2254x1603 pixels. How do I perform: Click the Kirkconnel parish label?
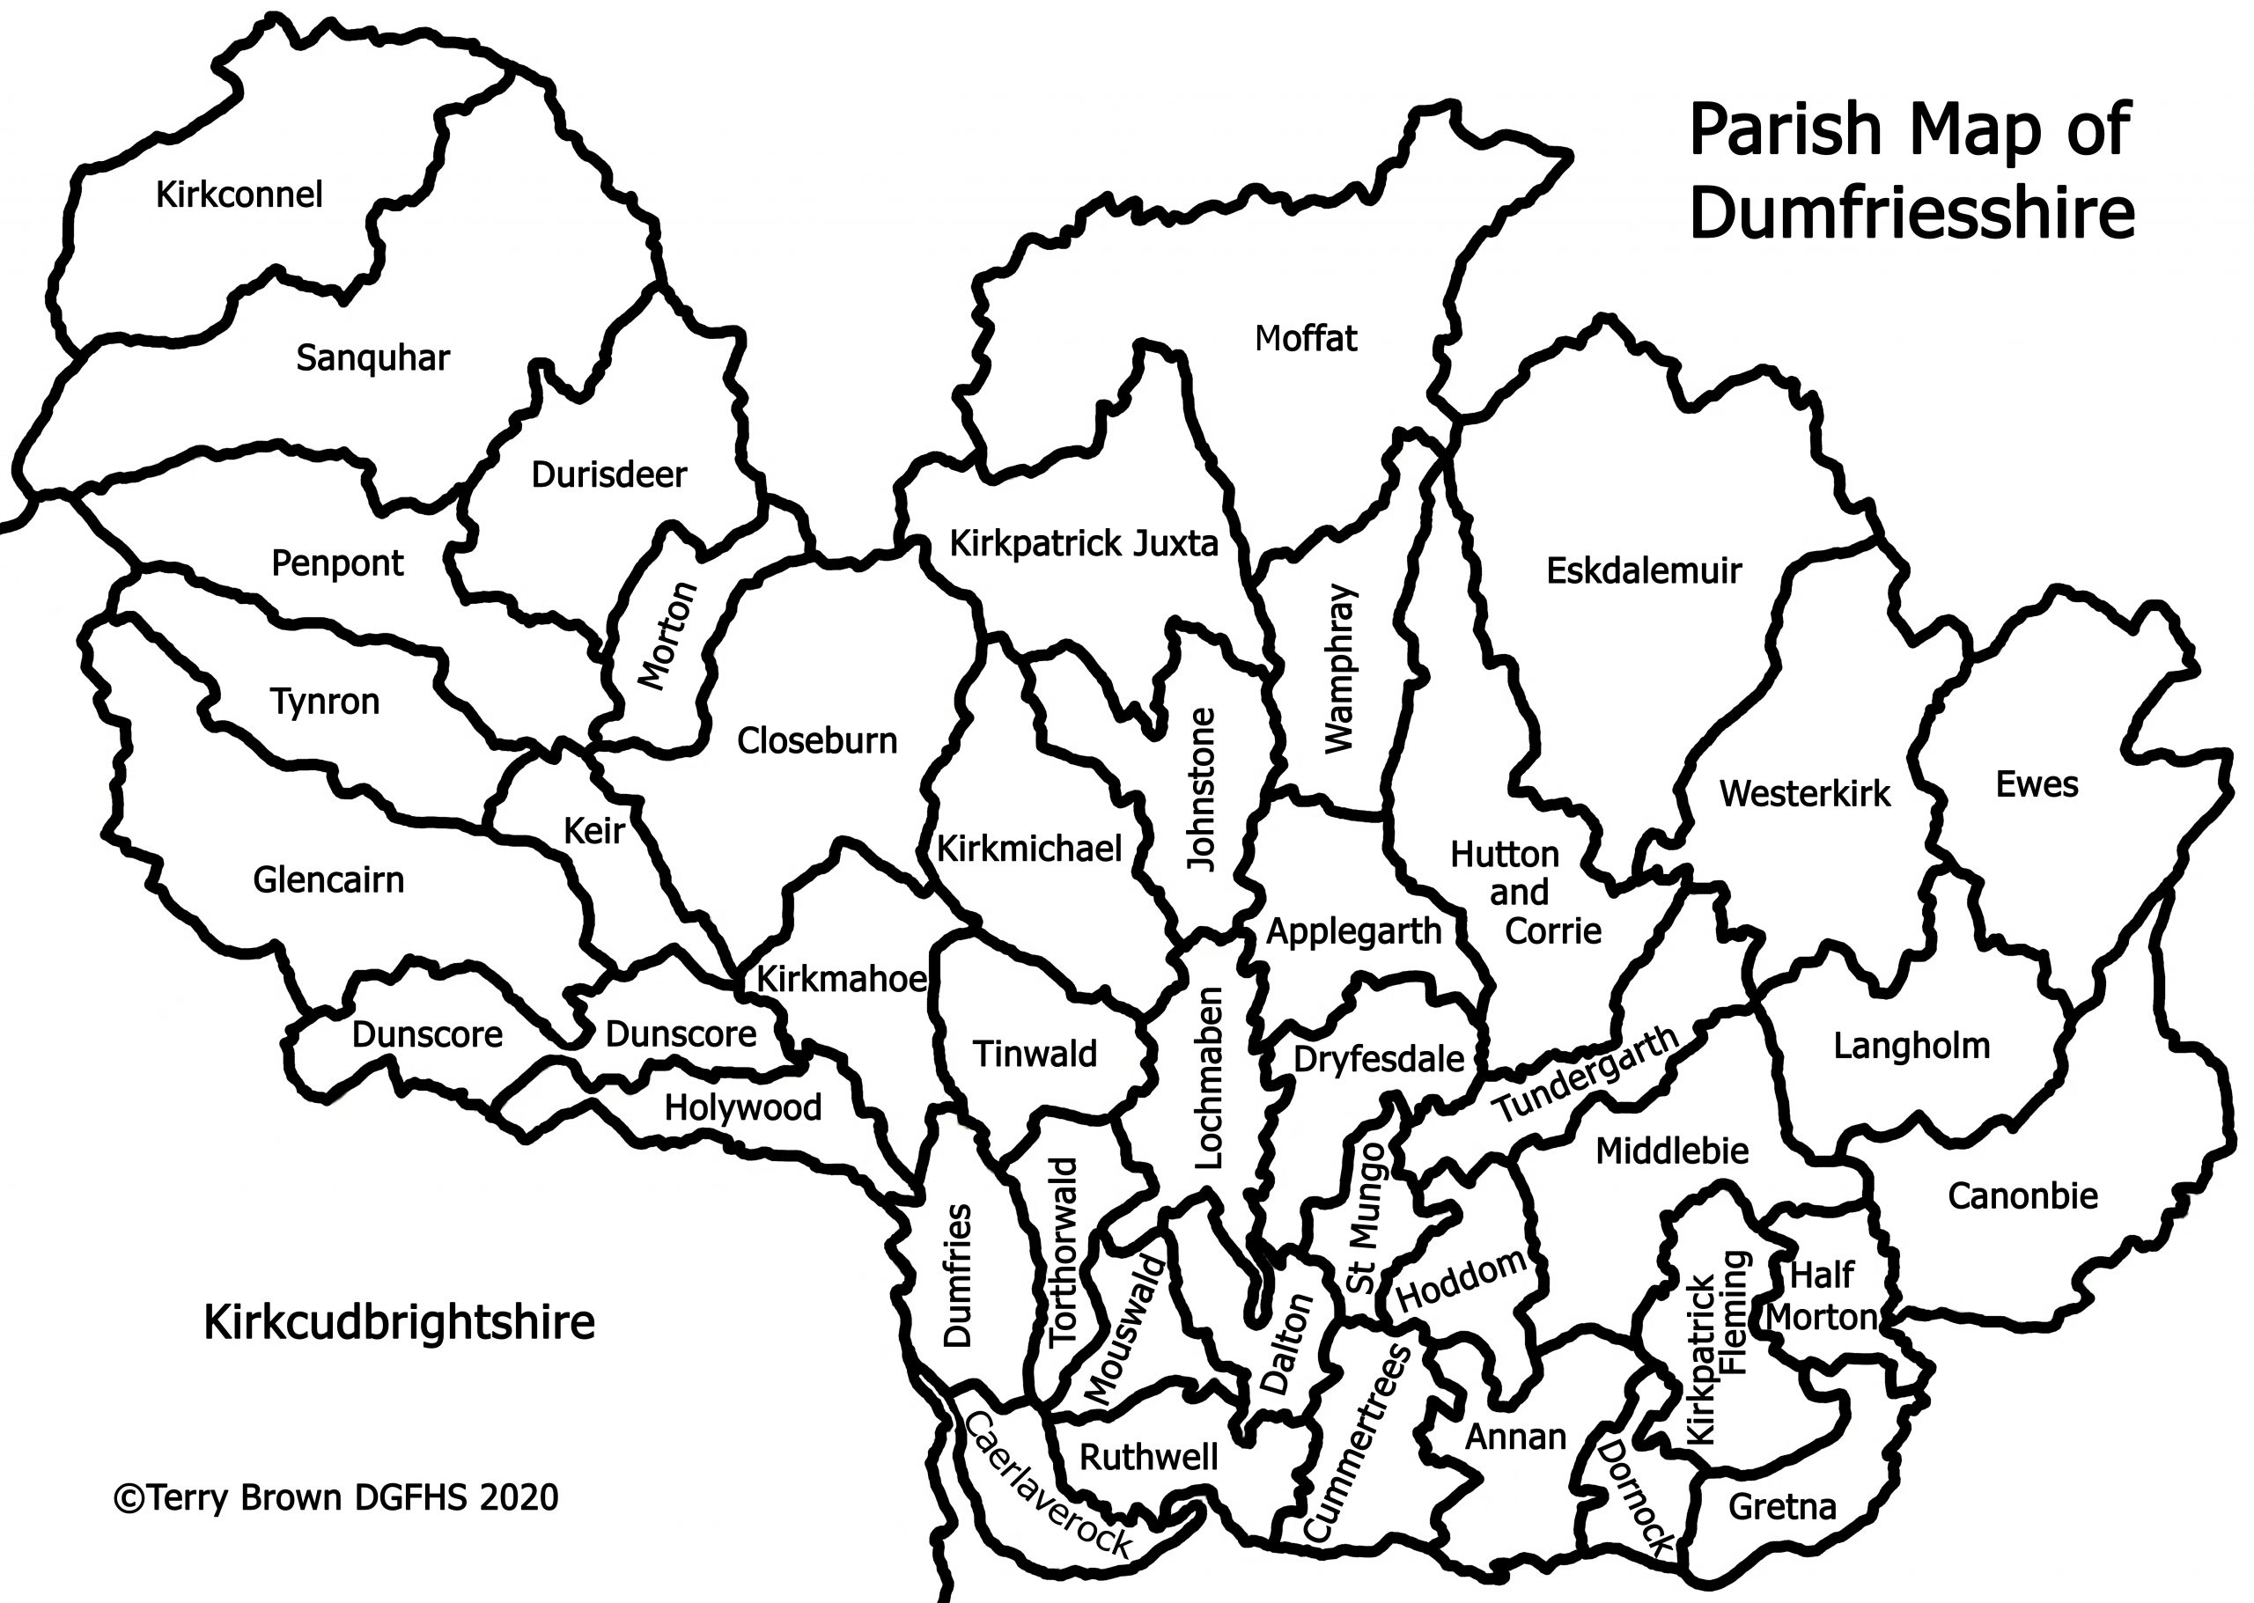point(239,195)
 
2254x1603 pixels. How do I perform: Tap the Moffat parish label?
point(1305,339)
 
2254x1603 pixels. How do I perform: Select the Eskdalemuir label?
point(1643,570)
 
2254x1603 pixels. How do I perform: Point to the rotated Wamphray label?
point(1340,668)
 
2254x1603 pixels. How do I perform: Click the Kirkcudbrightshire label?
point(399,1321)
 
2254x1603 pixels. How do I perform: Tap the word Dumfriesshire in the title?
point(1911,213)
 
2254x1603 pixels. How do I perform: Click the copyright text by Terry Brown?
point(335,1497)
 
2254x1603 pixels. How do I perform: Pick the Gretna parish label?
point(1782,1506)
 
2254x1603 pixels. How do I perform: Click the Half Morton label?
point(1823,1296)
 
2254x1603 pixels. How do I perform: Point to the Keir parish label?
point(593,831)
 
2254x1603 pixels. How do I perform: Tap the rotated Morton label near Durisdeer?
point(668,635)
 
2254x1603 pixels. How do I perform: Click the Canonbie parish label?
point(2022,1196)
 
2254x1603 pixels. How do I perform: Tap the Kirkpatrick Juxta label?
point(1083,544)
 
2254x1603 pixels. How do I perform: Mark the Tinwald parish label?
point(1035,1055)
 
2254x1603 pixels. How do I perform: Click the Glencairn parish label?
point(328,879)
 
